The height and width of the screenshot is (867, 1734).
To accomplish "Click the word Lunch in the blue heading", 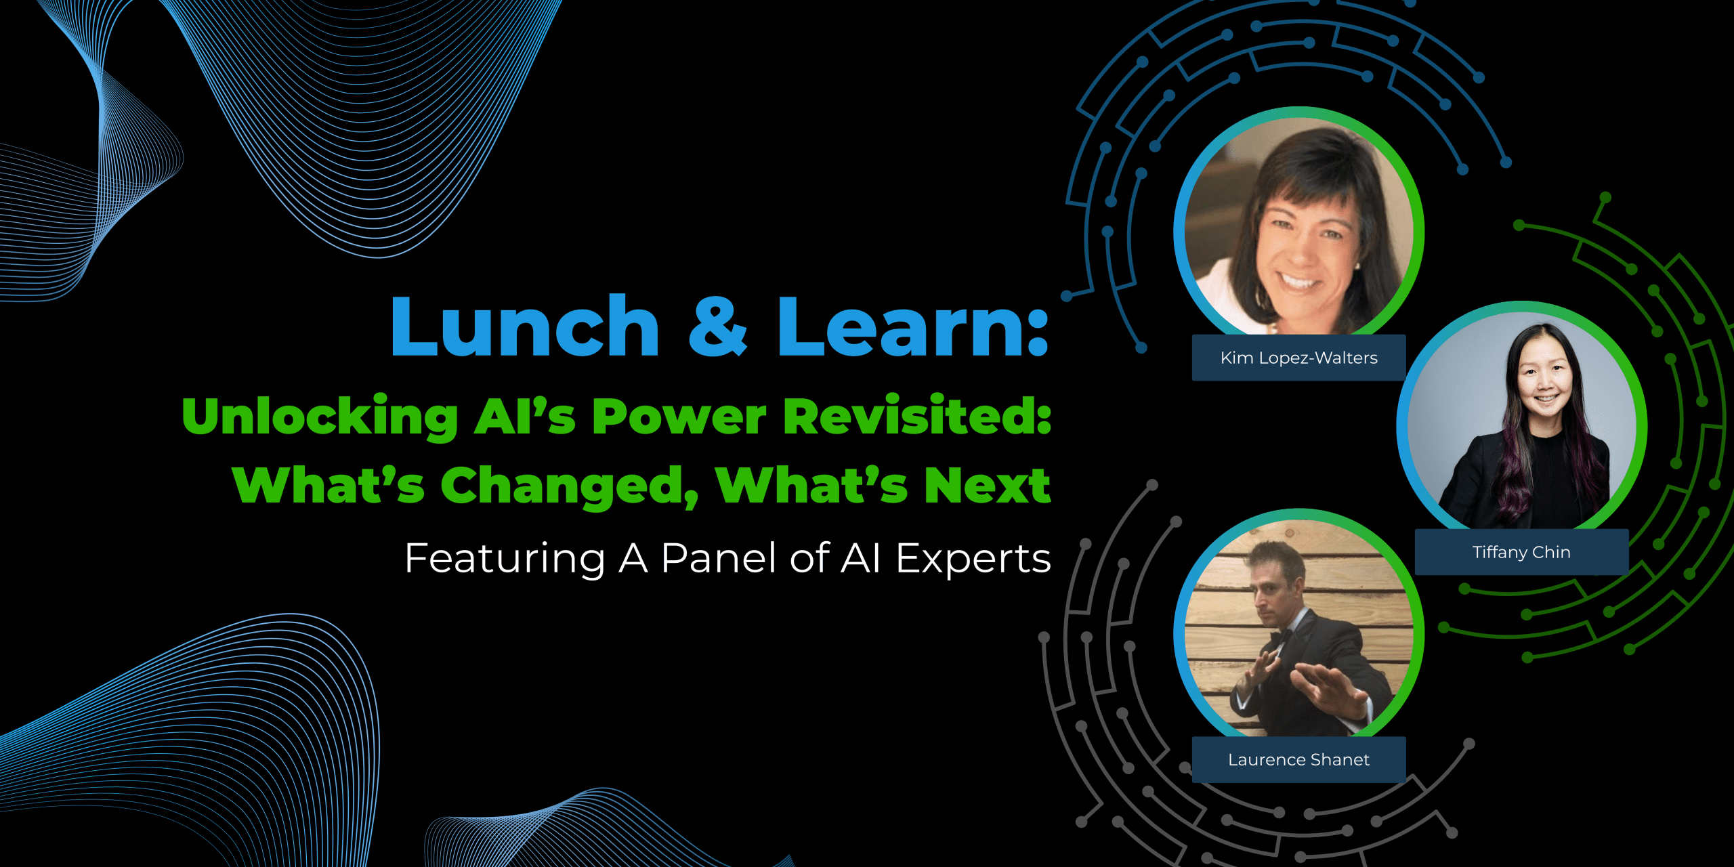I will tap(525, 326).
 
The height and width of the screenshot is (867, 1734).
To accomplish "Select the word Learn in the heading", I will tap(901, 326).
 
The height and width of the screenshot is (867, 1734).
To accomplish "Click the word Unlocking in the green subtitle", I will tap(320, 417).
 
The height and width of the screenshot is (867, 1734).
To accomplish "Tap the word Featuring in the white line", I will tap(505, 559).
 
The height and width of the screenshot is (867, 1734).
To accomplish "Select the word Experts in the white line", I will tap(973, 559).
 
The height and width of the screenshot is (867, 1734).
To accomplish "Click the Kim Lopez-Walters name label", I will tap(1298, 358).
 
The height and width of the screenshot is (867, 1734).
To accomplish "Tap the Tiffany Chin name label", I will tap(1521, 552).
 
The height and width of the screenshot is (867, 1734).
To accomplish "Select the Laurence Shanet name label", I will tap(1298, 759).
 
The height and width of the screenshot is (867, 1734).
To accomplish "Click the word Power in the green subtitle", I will tap(679, 417).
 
